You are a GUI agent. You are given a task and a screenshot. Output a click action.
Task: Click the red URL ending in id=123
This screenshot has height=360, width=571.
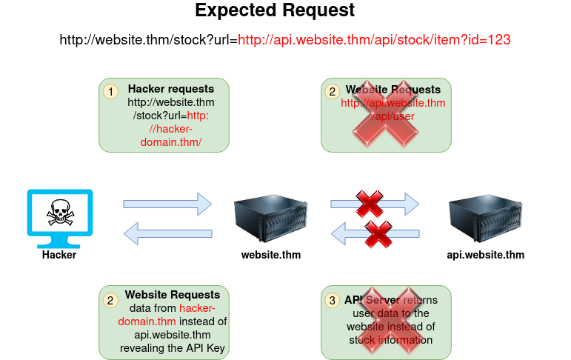[x=373, y=39]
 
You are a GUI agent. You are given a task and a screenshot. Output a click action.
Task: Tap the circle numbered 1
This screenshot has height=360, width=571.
[x=110, y=91]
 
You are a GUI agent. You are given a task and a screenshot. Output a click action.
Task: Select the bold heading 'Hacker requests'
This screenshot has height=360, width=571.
[x=171, y=89]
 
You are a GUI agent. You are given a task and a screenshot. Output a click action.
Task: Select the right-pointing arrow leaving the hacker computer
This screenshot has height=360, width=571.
[x=167, y=203]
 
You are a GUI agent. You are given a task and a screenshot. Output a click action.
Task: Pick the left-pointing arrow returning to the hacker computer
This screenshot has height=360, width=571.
[x=167, y=234]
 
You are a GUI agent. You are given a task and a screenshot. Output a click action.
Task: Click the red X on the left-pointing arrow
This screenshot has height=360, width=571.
[x=378, y=234]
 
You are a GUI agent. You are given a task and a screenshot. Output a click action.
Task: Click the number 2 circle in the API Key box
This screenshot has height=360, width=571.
[x=110, y=300]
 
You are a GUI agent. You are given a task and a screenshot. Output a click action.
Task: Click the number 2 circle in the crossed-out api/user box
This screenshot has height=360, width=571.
[x=333, y=91]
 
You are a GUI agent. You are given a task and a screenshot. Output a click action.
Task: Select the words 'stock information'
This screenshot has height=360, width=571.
[x=390, y=340]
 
